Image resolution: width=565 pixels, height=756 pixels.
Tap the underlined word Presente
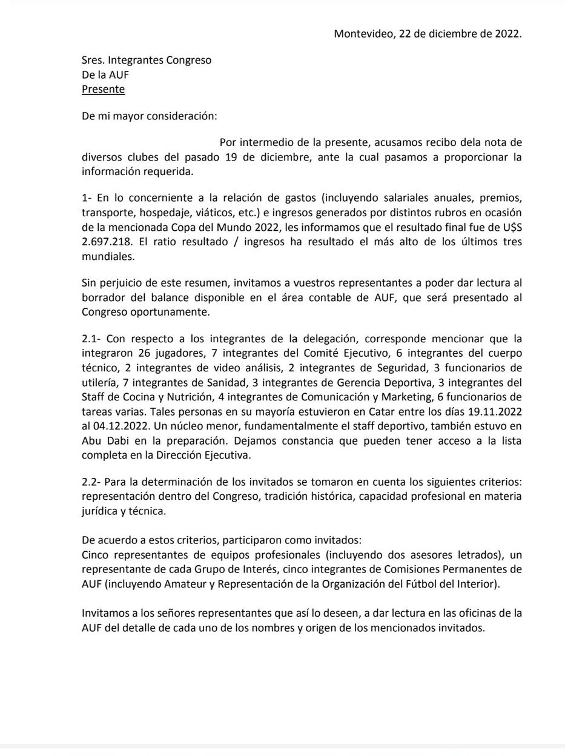pyautogui.click(x=103, y=90)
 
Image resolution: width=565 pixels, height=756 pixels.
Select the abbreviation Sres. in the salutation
pyautogui.click(x=93, y=61)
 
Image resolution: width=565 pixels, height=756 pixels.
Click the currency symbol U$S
pyautogui.click(x=509, y=227)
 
